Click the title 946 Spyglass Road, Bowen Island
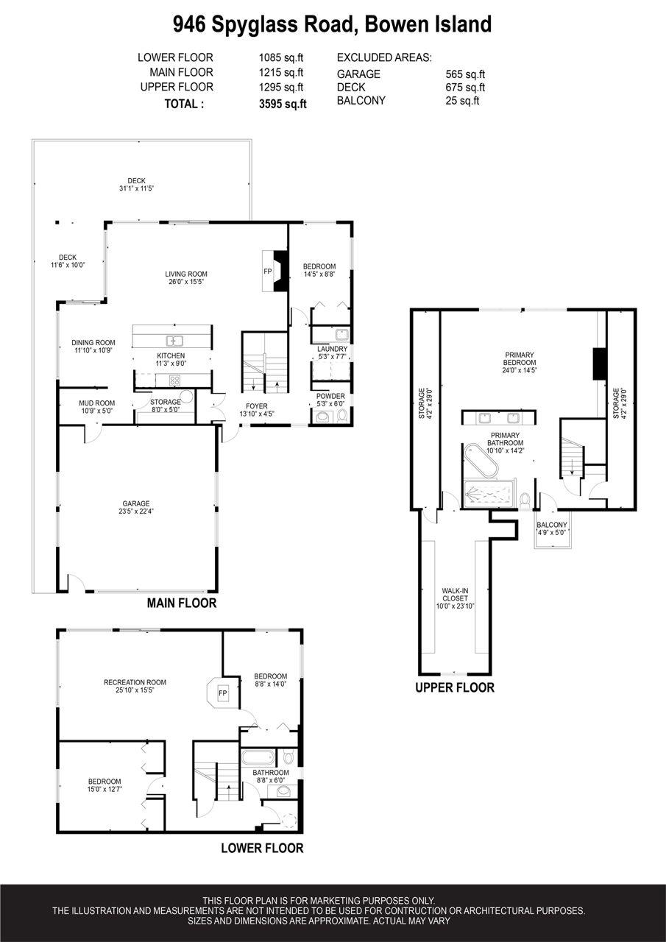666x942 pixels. click(x=332, y=24)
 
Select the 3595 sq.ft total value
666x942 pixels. click(x=283, y=104)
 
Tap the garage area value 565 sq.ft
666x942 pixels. click(x=465, y=74)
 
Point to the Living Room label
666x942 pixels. click(x=186, y=278)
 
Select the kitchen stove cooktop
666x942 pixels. click(x=174, y=380)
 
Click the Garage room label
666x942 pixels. click(x=136, y=508)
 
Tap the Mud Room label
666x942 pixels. click(x=96, y=407)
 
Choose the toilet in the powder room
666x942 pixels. click(x=341, y=416)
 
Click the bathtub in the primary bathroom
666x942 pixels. click(x=481, y=461)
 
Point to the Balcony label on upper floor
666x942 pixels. click(x=552, y=528)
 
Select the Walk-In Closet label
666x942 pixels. click(x=455, y=598)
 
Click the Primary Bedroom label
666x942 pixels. click(x=520, y=363)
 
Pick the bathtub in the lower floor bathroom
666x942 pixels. click(x=258, y=758)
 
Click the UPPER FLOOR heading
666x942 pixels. click(x=455, y=688)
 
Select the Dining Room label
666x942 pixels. click(x=93, y=347)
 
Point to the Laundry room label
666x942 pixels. click(x=332, y=353)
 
